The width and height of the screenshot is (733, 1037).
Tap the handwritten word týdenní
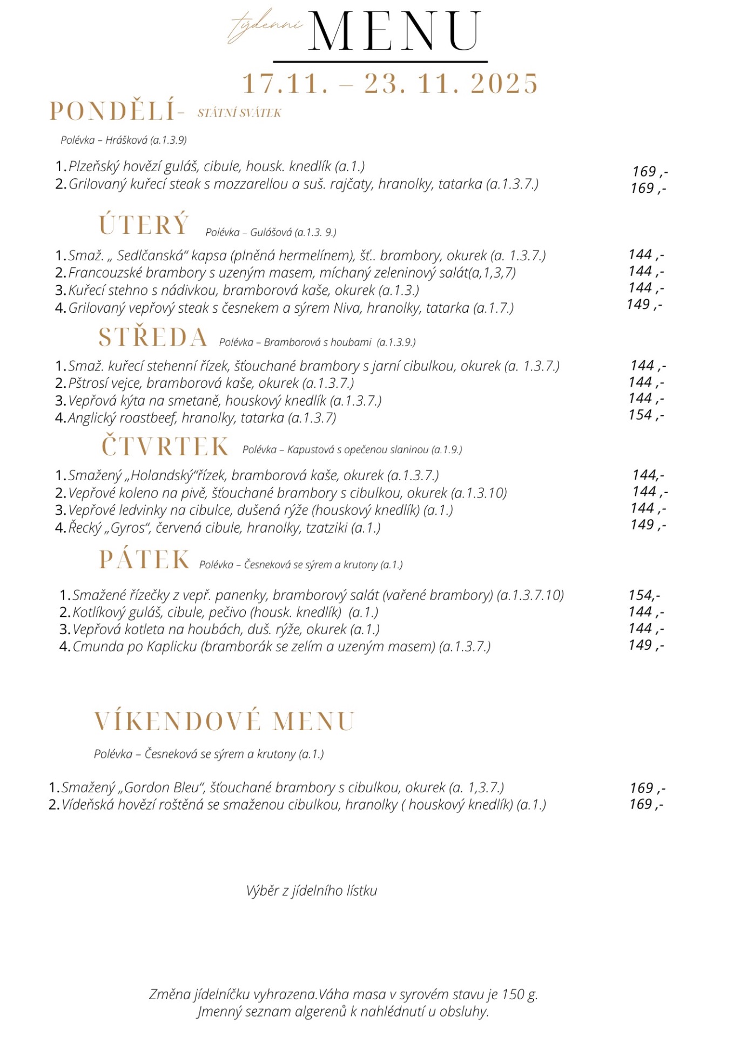click(x=266, y=25)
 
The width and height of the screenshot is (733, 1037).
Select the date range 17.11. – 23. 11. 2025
click(x=390, y=84)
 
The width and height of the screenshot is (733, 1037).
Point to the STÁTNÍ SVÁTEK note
click(x=239, y=113)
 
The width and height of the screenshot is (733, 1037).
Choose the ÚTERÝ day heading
click(x=144, y=225)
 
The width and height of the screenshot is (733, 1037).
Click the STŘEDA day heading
click(x=153, y=338)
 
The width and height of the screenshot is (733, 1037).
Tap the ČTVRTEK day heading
click(x=165, y=447)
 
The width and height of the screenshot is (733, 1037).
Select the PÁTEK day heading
click(x=144, y=560)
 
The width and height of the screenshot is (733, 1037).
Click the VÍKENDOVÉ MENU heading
click(x=224, y=722)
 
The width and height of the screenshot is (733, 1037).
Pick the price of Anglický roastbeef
click(x=646, y=415)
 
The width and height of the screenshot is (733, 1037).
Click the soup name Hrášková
click(x=126, y=140)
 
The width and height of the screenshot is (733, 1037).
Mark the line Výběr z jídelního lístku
click(x=311, y=891)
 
